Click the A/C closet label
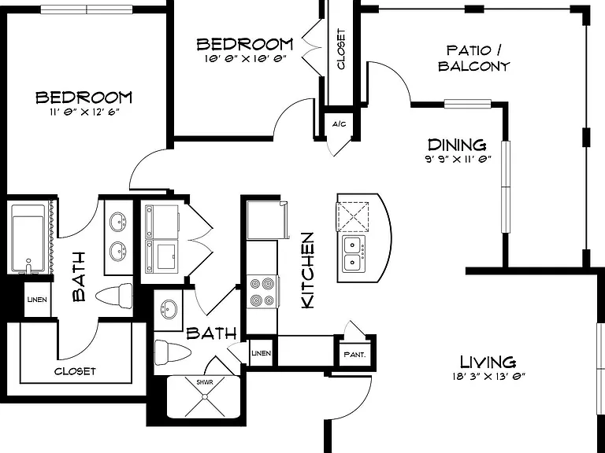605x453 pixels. click(340, 124)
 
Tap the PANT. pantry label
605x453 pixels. click(354, 355)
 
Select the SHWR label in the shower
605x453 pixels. click(205, 382)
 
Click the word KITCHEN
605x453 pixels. click(308, 270)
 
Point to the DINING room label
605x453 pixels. click(457, 145)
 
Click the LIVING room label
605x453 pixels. click(488, 362)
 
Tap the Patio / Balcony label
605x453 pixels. click(473, 58)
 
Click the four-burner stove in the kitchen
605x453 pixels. click(262, 292)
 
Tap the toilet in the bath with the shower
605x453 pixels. click(173, 352)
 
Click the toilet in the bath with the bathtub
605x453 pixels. click(114, 296)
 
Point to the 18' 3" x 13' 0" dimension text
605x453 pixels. click(489, 377)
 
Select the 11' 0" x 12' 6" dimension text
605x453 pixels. click(84, 112)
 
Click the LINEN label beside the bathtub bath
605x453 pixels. click(38, 300)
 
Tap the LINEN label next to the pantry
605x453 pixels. click(262, 353)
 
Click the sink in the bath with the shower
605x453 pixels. click(169, 308)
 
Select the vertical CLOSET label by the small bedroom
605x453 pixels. click(341, 49)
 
